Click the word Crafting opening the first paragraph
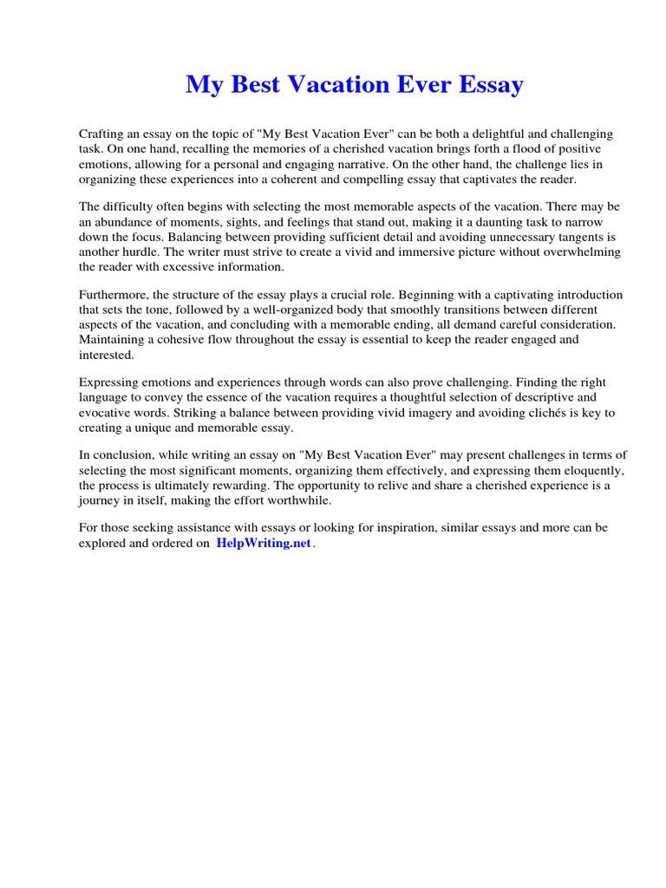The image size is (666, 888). [x=102, y=134]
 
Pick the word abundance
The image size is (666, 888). [x=121, y=222]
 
